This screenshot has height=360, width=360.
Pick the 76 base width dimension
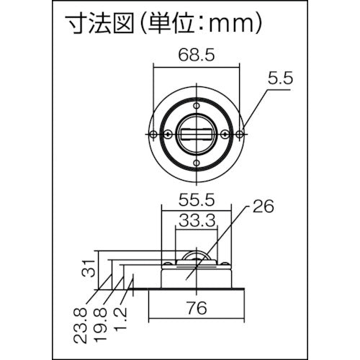pyautogui.click(x=197, y=309)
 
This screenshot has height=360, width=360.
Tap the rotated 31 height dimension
pyautogui.click(x=86, y=269)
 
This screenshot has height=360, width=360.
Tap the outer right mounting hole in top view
pyautogui.click(x=244, y=133)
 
